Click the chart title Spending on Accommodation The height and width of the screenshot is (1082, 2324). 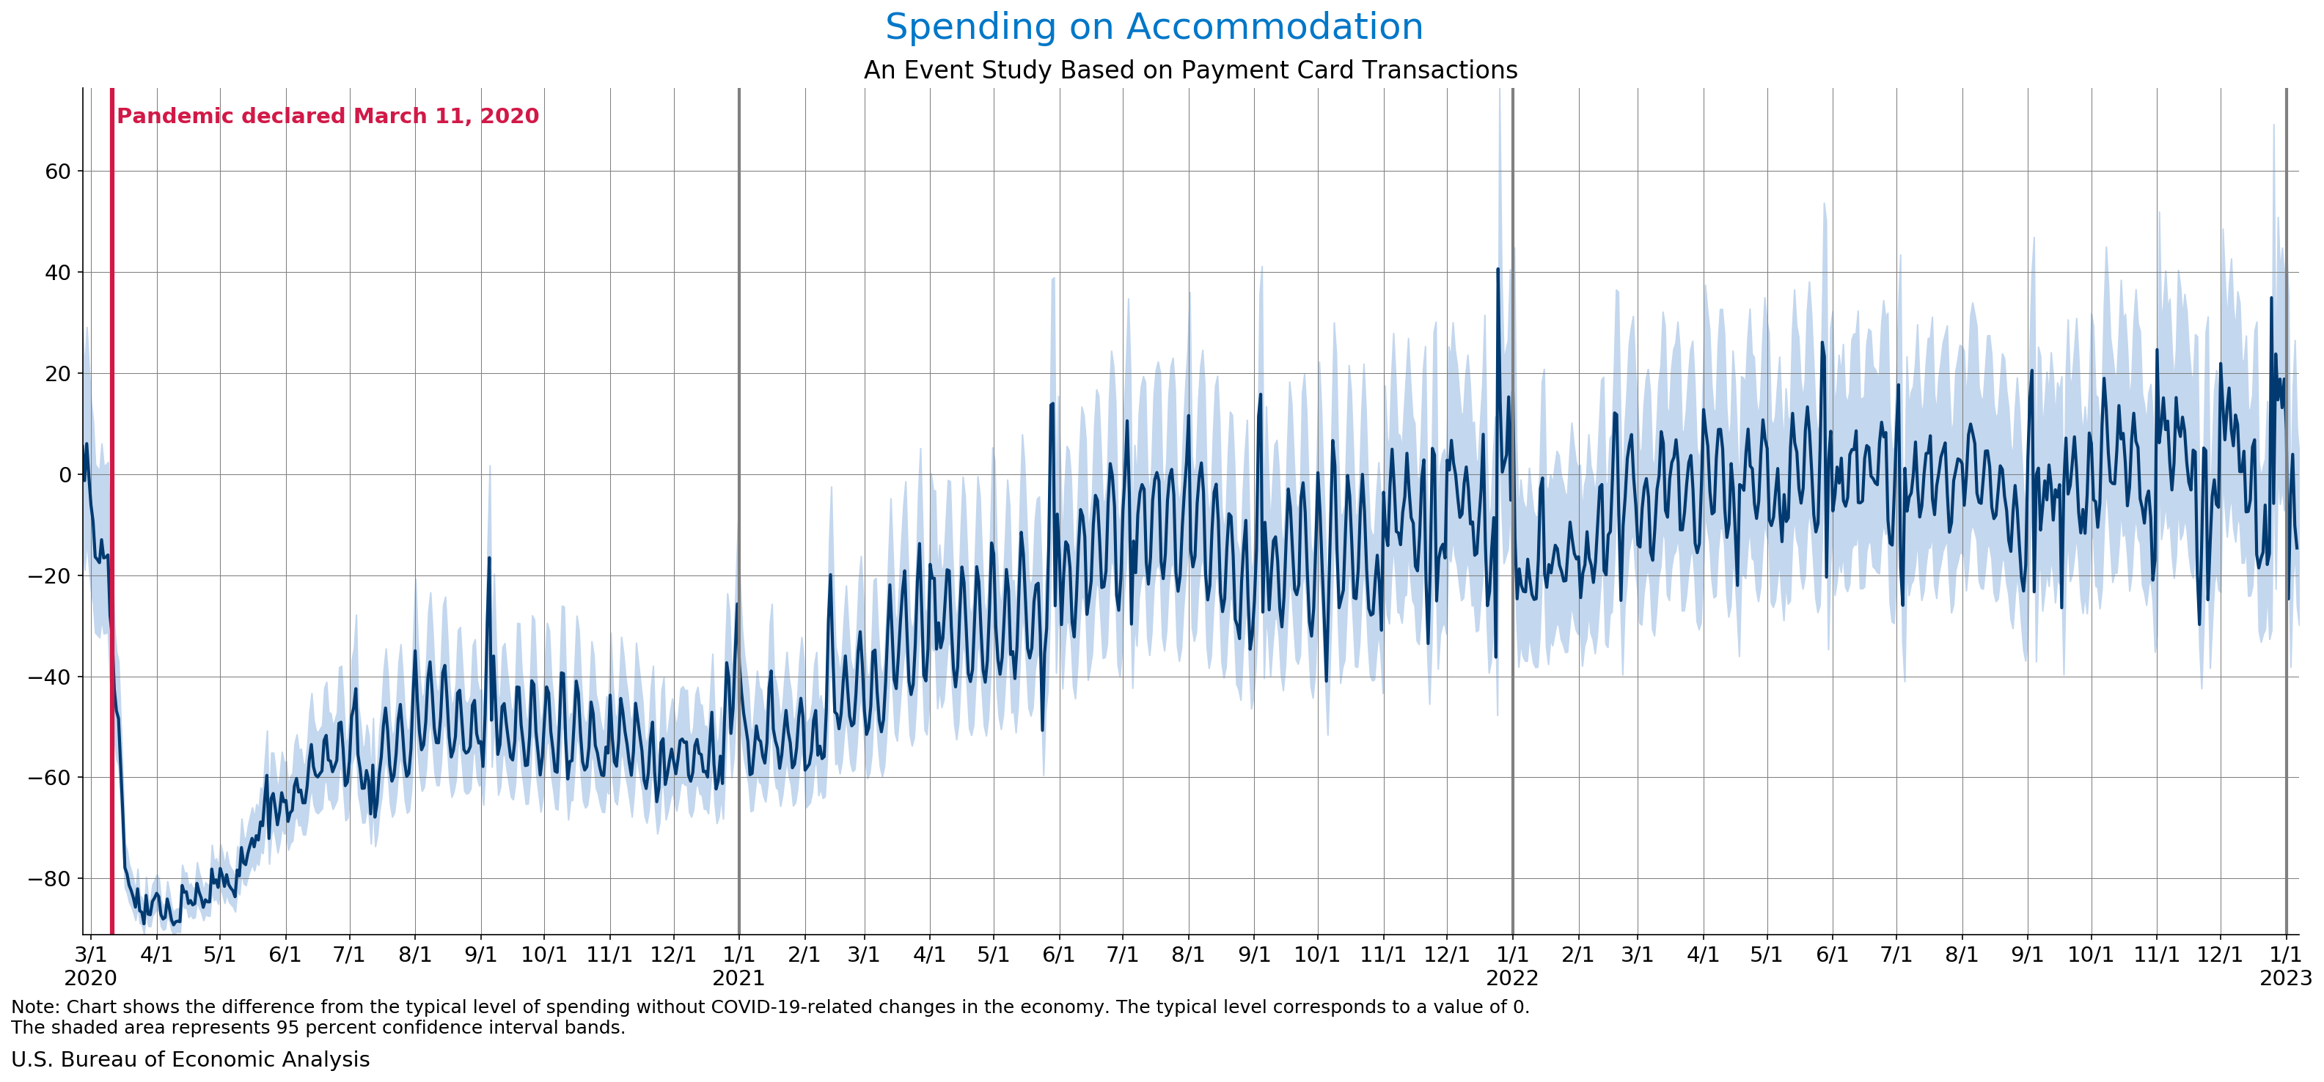(1154, 27)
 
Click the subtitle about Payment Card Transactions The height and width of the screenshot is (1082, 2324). (1190, 70)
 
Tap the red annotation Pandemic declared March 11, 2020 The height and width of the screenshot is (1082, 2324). (328, 117)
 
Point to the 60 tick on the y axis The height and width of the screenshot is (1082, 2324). (58, 172)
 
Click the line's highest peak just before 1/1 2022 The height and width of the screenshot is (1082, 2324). (1498, 269)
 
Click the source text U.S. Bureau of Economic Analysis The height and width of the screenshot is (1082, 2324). (191, 1059)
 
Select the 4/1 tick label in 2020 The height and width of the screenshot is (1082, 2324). (156, 954)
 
